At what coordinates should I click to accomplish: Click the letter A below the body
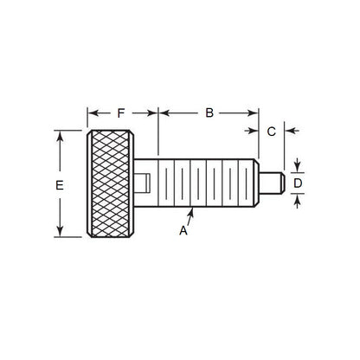tap(183, 230)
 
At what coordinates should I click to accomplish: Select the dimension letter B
tap(209, 112)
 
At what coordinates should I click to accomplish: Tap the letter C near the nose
tap(271, 132)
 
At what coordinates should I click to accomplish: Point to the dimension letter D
tap(297, 183)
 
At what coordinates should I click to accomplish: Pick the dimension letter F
tap(121, 112)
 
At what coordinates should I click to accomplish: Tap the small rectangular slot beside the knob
tap(146, 183)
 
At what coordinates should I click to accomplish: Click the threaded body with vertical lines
tap(208, 183)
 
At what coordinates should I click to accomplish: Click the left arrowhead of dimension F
tap(90, 112)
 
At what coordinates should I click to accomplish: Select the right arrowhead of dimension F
tap(154, 112)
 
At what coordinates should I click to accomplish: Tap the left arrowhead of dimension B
tap(163, 112)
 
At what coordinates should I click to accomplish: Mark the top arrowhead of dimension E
tap(58, 135)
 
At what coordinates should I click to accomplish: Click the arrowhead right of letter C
tap(289, 132)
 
